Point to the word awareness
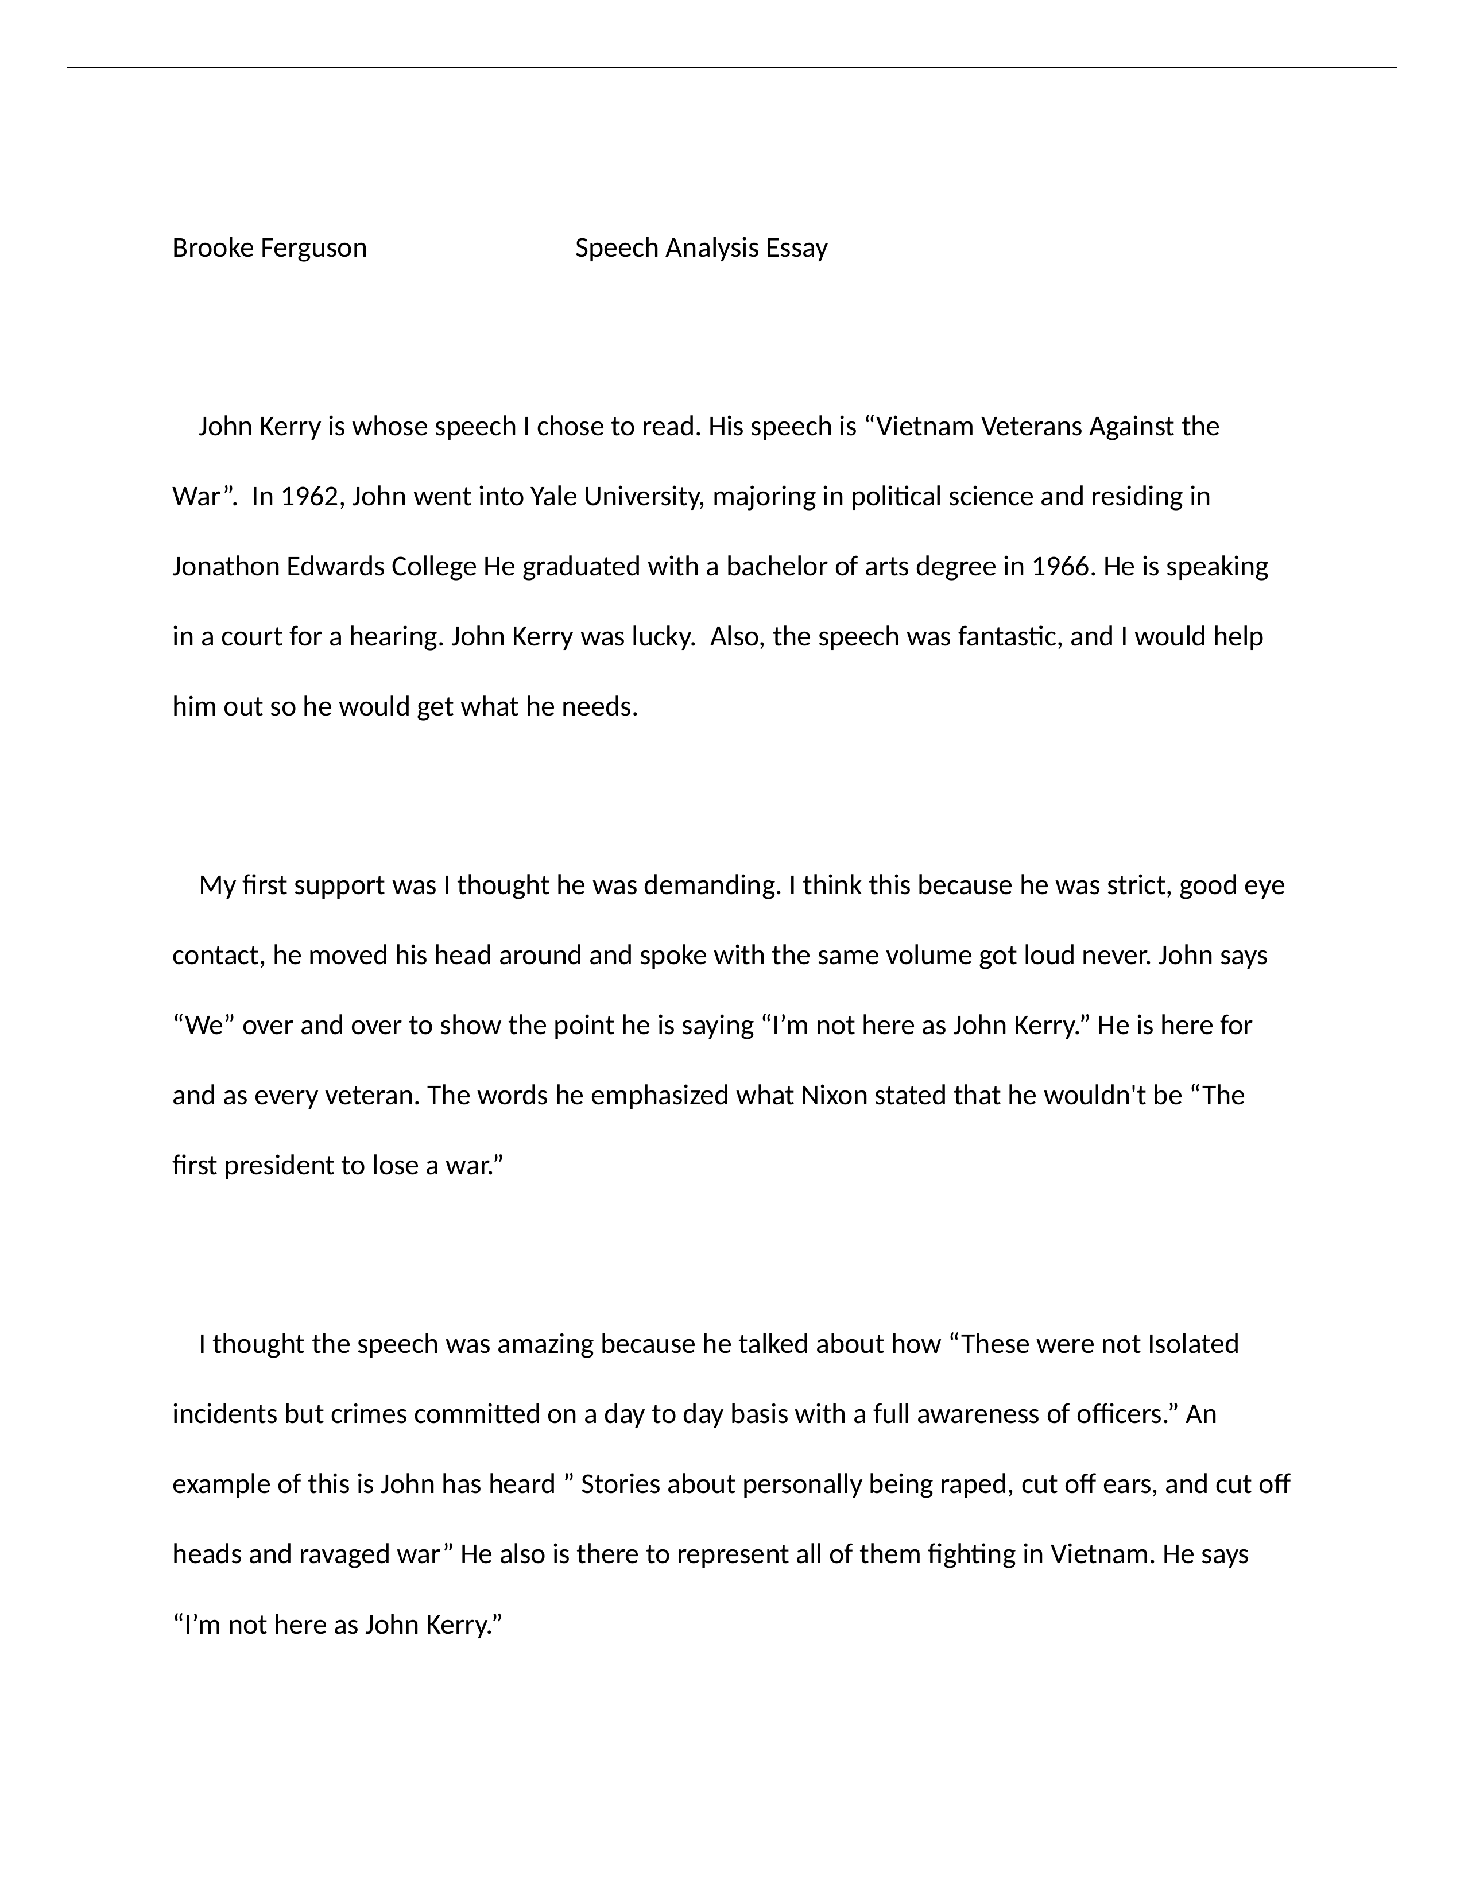coord(978,1415)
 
